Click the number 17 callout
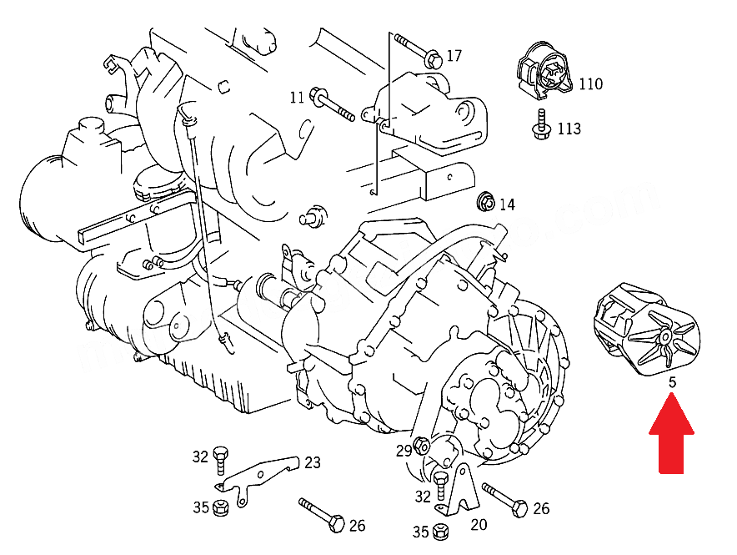[x=454, y=56]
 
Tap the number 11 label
[x=297, y=98]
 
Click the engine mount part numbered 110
[x=543, y=71]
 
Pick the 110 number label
[x=590, y=84]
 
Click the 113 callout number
[x=569, y=129]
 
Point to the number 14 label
[x=507, y=204]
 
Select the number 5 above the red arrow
[x=671, y=383]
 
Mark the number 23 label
[x=312, y=462]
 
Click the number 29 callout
[x=404, y=452]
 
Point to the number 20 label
[x=479, y=525]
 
